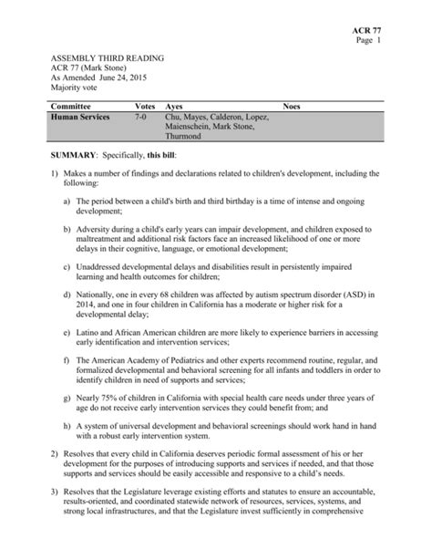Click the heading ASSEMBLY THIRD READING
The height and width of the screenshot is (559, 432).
[x=107, y=57]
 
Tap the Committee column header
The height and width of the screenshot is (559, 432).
[x=74, y=107]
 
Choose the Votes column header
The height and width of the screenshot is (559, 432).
[x=145, y=107]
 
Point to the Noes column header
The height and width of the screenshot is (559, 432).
[x=293, y=107]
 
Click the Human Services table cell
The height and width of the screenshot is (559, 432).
[x=81, y=118]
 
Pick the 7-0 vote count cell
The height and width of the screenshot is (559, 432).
[x=141, y=118]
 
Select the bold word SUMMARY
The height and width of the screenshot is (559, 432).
[x=77, y=157]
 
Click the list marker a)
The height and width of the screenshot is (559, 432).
[x=68, y=199]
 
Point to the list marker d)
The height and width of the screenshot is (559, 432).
[x=68, y=296]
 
